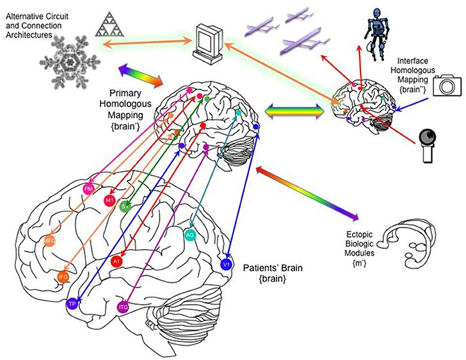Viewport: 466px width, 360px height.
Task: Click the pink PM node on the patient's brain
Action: point(89,190)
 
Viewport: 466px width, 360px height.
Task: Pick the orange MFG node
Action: point(49,241)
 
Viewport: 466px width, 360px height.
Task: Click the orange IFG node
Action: point(63,277)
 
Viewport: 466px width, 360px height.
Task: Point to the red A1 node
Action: point(117,261)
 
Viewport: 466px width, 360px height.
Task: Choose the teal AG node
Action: point(189,234)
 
